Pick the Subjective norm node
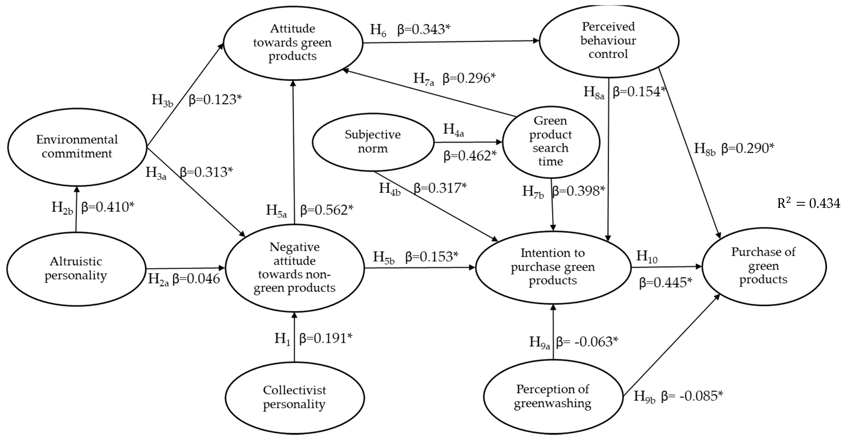[373, 142]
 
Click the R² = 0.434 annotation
[809, 203]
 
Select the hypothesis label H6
[378, 30]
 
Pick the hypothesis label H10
[646, 256]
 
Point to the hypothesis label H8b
[704, 149]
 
